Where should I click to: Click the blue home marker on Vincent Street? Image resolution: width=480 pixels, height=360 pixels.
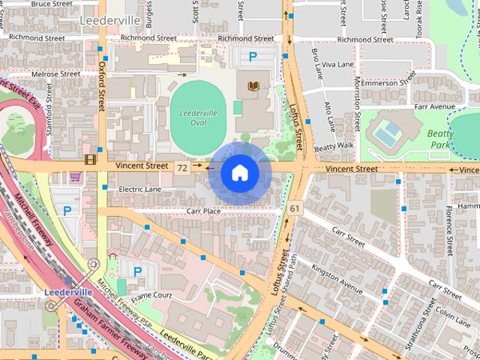click(x=238, y=172)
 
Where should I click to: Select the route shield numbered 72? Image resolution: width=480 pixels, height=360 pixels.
click(x=182, y=169)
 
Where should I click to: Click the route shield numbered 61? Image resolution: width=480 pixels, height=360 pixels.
click(x=293, y=208)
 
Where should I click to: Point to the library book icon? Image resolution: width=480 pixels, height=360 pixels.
click(x=253, y=87)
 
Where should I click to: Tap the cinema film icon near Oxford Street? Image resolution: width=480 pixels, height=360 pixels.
click(x=91, y=159)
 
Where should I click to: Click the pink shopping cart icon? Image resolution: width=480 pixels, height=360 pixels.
click(x=75, y=178)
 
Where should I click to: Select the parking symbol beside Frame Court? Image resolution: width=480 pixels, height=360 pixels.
click(x=136, y=271)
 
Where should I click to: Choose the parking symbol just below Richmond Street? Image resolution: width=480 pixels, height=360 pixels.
click(x=253, y=55)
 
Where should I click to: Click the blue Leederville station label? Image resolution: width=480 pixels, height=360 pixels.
click(x=68, y=291)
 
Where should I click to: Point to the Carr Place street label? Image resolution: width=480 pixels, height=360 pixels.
click(x=203, y=211)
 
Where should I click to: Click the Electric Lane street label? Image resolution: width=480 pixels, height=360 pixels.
click(x=139, y=189)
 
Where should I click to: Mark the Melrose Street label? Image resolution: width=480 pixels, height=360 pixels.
click(x=55, y=74)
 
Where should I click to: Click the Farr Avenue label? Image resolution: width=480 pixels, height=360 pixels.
click(x=435, y=107)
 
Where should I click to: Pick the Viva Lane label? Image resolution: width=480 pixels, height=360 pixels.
click(x=337, y=64)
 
